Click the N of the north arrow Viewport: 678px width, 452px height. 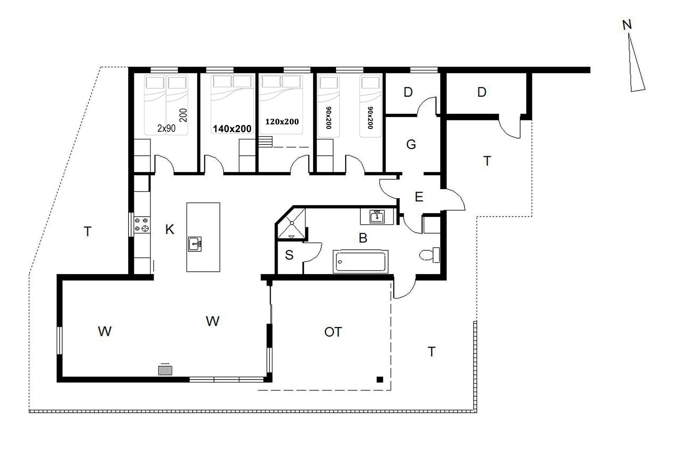click(627, 25)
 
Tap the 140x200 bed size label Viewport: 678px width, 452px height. click(232, 129)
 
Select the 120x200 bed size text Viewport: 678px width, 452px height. click(282, 122)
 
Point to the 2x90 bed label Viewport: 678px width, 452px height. click(166, 128)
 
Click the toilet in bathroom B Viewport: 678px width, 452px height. click(429, 255)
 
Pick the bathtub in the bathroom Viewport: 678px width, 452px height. click(361, 262)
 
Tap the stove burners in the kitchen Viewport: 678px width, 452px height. click(141, 225)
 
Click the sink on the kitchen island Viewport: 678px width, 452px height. click(195, 244)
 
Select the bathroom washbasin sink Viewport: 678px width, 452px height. click(377, 216)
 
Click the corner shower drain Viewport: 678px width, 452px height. click(292, 222)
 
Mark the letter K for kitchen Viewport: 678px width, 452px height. click(169, 230)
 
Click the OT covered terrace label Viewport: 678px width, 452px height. click(333, 332)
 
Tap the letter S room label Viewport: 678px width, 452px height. click(289, 255)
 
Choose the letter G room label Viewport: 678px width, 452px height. click(411, 144)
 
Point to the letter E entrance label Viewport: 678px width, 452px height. click(419, 197)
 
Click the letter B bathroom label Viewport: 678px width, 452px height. click(363, 238)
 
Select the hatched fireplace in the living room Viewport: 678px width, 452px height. click(165, 370)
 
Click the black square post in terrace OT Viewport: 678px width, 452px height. click(380, 380)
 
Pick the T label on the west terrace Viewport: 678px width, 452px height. click(88, 232)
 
